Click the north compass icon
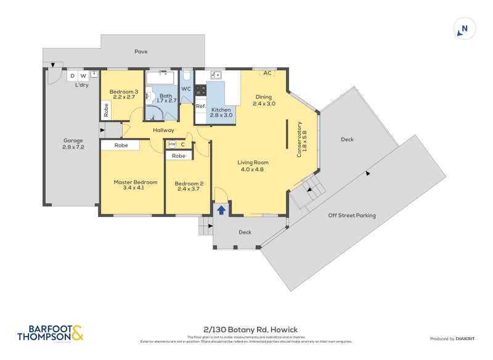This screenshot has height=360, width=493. click(464, 29)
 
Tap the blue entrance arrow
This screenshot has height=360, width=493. click(221, 210)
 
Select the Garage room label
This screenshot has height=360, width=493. click(73, 144)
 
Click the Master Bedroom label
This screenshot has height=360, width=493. click(136, 185)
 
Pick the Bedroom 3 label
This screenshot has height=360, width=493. click(124, 95)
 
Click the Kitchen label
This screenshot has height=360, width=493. click(221, 112)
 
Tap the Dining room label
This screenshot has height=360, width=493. click(264, 100)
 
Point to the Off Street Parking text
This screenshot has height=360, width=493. click(352, 215)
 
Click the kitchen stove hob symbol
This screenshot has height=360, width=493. click(200, 91)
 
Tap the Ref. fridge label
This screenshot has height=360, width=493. click(200, 106)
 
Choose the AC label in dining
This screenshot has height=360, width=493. click(267, 73)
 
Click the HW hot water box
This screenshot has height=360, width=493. click(172, 144)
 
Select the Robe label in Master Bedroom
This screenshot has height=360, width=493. click(121, 145)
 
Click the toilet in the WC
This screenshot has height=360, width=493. click(186, 76)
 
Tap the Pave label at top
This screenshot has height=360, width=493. click(141, 52)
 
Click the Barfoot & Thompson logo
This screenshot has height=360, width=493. click(50, 333)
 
